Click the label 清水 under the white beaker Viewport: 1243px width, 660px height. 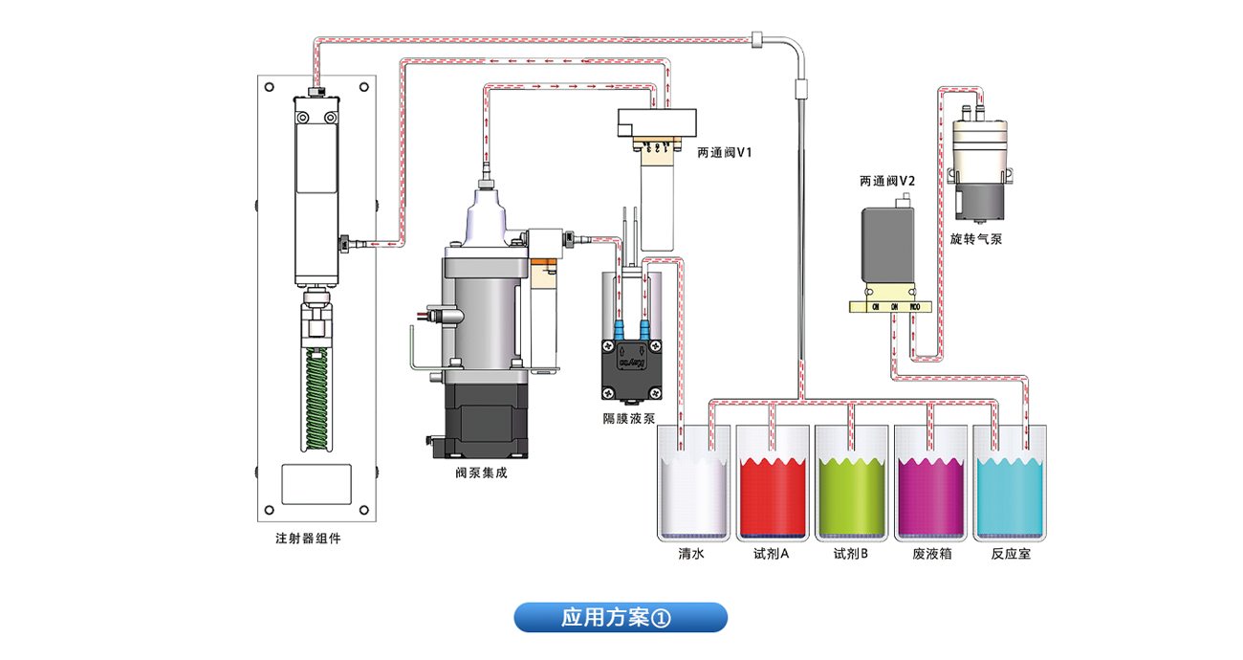pyautogui.click(x=691, y=554)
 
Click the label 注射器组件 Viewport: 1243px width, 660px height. pyautogui.click(x=308, y=539)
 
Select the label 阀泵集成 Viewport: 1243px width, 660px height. pyautogui.click(x=481, y=473)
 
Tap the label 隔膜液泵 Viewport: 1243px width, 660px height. pyautogui.click(x=628, y=418)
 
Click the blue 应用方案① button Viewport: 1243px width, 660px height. pyautogui.click(x=621, y=618)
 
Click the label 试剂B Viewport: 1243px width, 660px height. pyautogui.click(x=850, y=554)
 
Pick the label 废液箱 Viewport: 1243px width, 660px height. pyautogui.click(x=929, y=554)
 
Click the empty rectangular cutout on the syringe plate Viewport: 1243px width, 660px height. pyautogui.click(x=316, y=484)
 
